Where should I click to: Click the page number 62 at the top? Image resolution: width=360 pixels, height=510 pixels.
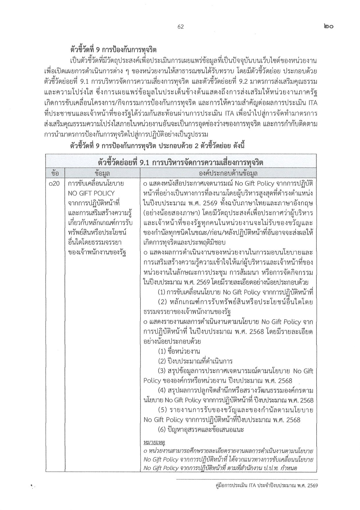coord(180,27)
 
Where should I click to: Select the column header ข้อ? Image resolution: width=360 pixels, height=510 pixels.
coord(55,173)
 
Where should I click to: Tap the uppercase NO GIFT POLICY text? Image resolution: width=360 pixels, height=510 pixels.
coord(91,193)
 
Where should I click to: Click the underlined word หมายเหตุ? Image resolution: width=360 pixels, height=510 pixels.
coord(154,443)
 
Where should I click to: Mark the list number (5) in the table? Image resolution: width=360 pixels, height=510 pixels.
coord(162,410)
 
